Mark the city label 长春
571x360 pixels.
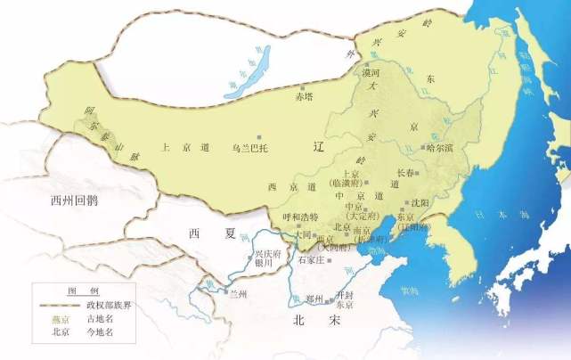coord(405,173)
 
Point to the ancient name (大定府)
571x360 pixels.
coord(364,215)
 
